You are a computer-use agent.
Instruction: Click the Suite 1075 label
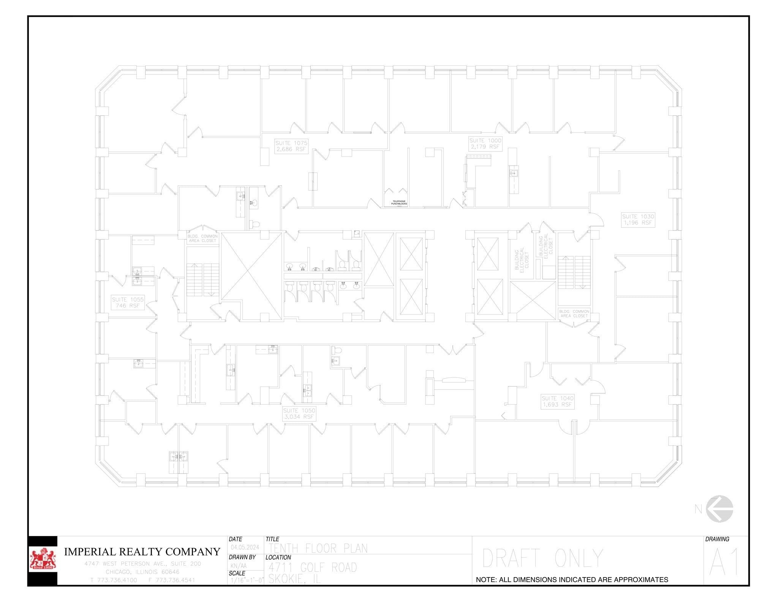[291, 146]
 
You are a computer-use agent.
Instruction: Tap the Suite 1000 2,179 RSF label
[485, 144]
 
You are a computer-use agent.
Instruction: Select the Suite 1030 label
[638, 219]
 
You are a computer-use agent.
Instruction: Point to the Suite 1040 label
[557, 401]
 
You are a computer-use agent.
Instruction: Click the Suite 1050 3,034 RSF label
[299, 413]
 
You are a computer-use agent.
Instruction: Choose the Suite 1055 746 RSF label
[128, 303]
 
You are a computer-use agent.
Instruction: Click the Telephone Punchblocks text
[399, 203]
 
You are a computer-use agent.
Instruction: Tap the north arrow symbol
[719, 509]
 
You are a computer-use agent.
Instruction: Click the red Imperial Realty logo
[43, 560]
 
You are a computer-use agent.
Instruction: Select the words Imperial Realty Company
[142, 552]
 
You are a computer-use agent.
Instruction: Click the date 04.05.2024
[245, 547]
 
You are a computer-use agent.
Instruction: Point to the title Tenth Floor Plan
[318, 549]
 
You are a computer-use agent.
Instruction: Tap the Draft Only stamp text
[542, 558]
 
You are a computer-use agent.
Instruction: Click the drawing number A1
[724, 562]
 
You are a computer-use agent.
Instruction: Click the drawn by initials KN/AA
[239, 566]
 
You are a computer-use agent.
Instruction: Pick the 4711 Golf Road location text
[313, 568]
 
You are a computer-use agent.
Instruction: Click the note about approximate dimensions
[572, 580]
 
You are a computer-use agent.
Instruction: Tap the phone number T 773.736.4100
[114, 580]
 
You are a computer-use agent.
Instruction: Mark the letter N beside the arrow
[698, 509]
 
